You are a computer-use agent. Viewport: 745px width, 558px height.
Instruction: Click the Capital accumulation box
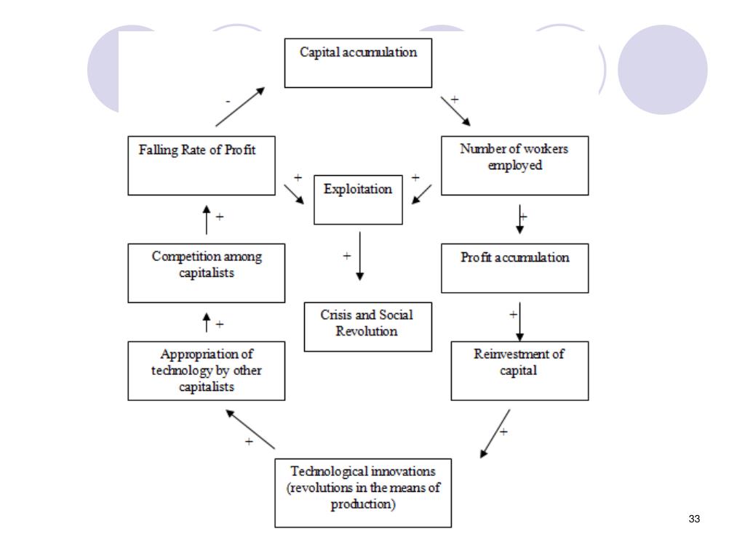point(358,62)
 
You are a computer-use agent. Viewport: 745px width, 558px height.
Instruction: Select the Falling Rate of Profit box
point(202,165)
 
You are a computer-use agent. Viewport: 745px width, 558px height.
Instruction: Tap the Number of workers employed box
point(514,165)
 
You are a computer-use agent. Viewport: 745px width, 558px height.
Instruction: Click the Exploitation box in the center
point(358,199)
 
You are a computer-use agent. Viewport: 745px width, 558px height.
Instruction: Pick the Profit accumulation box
point(514,267)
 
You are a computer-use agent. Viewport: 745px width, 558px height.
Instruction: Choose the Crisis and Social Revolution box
point(367,326)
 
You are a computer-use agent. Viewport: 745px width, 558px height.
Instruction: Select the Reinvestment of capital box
point(519,370)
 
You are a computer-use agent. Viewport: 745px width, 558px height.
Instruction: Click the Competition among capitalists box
point(207,272)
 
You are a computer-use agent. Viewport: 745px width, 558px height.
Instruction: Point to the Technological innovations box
point(363,492)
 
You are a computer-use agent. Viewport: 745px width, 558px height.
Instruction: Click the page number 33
point(693,519)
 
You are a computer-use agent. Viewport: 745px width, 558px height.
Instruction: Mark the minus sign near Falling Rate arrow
point(228,102)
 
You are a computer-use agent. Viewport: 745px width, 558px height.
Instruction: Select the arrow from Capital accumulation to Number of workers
point(455,110)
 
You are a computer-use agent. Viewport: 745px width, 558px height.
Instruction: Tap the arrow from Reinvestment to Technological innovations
point(495,434)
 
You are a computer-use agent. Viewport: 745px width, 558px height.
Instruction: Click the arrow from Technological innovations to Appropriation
point(250,429)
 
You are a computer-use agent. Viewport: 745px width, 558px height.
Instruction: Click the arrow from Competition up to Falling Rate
point(207,219)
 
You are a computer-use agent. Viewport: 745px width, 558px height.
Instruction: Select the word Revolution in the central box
point(367,332)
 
